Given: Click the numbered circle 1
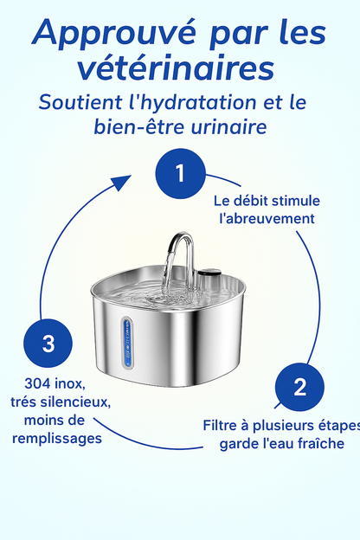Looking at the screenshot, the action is (181, 174).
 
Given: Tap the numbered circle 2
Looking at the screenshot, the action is (299, 387).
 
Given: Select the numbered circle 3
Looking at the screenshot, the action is (48, 344).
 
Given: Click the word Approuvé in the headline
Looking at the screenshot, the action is (114, 34).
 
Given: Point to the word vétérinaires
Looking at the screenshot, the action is (176, 67).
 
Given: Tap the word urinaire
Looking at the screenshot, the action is (228, 127).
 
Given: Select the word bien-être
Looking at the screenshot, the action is (139, 126).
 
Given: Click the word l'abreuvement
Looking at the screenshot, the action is (267, 219).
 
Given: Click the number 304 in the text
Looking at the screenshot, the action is (37, 383).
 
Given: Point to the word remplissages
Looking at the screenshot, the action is (57, 439).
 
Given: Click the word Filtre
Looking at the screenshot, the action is (220, 425).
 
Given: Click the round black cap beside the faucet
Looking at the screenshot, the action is (209, 273).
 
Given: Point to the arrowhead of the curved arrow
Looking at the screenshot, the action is (121, 182).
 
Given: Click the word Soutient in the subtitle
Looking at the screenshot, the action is (80, 102).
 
